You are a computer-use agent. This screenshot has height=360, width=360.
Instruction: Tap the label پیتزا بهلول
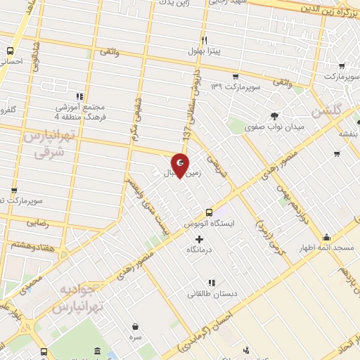point(204,51)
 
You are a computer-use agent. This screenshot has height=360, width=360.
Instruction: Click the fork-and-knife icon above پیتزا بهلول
point(204,39)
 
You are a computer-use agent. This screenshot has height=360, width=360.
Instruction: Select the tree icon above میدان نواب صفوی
point(274,117)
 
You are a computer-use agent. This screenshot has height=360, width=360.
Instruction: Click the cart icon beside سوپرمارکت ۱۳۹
point(236,76)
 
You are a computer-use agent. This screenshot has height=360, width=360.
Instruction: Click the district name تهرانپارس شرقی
point(44,143)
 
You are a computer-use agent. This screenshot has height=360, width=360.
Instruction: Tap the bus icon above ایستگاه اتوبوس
point(209,212)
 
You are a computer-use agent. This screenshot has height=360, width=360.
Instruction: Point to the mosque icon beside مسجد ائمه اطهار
point(326,238)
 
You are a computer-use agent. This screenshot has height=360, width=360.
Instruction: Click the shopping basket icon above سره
point(135,326)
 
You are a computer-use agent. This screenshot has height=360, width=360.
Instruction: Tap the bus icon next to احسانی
point(10,51)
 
